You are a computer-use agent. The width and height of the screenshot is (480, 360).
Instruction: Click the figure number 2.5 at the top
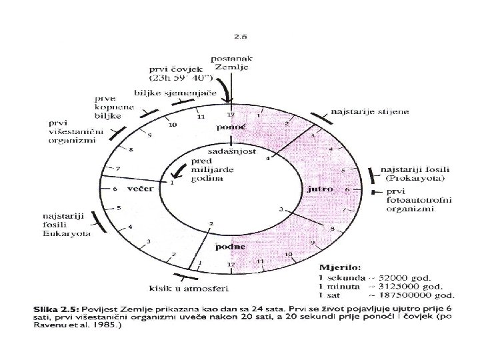click(x=239, y=37)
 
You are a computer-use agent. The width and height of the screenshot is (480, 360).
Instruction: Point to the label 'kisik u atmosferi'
click(x=180, y=288)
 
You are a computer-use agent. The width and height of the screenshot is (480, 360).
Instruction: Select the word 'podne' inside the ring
click(x=229, y=247)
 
